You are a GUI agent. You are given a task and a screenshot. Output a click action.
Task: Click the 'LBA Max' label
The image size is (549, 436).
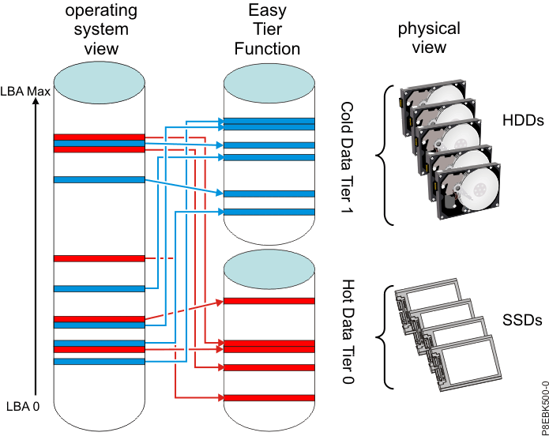(x=26, y=92)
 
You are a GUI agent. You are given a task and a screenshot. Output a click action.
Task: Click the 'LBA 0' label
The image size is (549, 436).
(x=21, y=407)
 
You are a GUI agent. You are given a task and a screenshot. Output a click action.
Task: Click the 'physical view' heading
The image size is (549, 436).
(x=429, y=37)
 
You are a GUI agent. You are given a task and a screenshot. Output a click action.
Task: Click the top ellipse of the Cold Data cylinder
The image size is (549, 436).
(x=269, y=84)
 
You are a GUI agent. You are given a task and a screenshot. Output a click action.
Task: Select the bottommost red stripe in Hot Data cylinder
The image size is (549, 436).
(x=269, y=397)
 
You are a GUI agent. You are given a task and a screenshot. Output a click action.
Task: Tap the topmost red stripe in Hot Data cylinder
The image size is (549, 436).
(x=269, y=300)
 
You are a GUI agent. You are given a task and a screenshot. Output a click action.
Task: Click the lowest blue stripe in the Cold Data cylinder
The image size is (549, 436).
(x=269, y=212)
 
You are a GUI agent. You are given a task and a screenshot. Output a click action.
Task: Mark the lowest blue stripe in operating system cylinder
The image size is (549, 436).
(x=99, y=361)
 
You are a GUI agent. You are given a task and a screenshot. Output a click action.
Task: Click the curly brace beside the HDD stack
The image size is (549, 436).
(x=386, y=155)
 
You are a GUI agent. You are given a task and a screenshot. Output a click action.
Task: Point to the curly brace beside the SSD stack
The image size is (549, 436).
(x=387, y=336)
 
